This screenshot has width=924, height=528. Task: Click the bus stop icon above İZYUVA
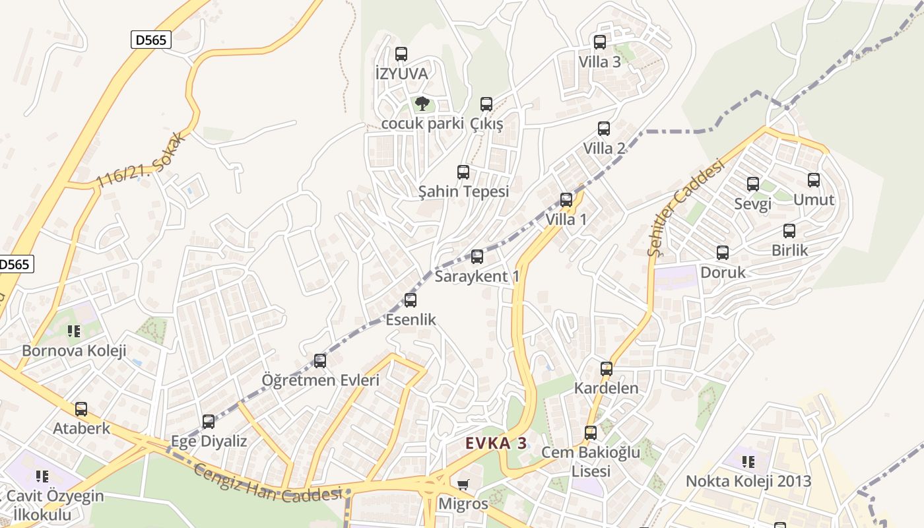(x=401, y=54)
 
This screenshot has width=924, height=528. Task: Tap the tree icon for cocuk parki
(x=422, y=104)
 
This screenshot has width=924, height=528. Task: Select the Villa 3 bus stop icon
(x=599, y=42)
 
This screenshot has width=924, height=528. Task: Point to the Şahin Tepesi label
(x=463, y=191)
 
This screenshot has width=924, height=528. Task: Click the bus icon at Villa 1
(x=566, y=199)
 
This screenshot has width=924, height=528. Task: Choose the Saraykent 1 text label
(x=477, y=276)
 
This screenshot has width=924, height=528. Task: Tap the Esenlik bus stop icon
(x=411, y=300)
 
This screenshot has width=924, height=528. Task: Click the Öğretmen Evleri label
(x=320, y=380)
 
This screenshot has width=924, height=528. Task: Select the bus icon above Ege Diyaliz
(x=209, y=421)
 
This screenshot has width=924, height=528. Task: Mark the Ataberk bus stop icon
(x=81, y=409)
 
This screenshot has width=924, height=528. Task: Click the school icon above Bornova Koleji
(x=74, y=331)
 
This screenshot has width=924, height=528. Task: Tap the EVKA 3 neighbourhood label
(x=496, y=443)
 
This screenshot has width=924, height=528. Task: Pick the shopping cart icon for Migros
(x=463, y=485)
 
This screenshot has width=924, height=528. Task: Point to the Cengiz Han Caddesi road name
(x=269, y=482)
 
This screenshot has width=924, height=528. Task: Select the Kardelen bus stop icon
(x=606, y=369)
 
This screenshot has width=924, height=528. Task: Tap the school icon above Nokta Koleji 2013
(x=748, y=461)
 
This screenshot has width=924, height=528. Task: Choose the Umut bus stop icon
(x=813, y=180)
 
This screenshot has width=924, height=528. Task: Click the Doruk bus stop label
(x=723, y=272)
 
